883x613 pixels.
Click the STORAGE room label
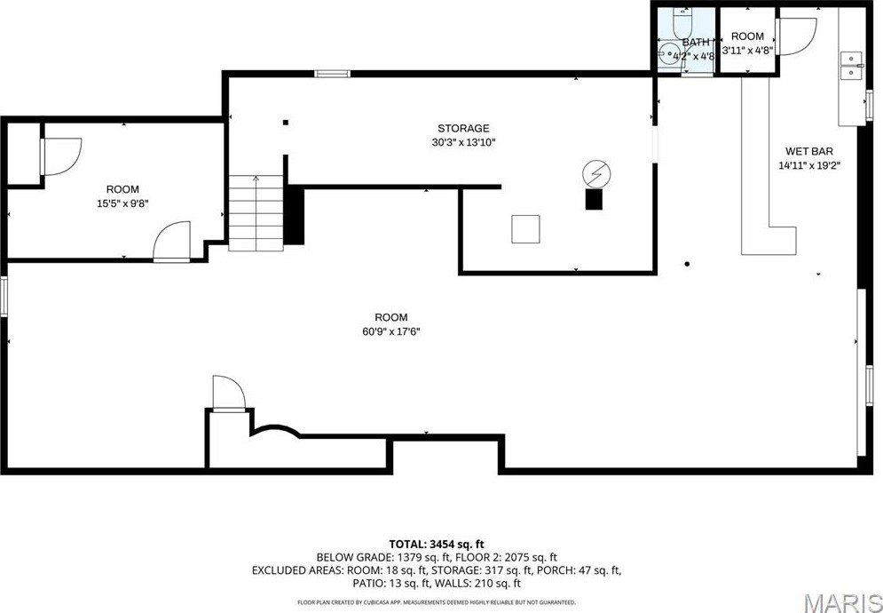click(463, 129)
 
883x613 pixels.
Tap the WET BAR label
click(808, 151)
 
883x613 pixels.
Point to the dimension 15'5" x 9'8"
click(122, 203)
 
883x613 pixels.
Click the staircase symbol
click(256, 213)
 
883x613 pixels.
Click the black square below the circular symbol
click(593, 200)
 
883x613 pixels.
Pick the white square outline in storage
click(525, 229)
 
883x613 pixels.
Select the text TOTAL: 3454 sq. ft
click(437, 544)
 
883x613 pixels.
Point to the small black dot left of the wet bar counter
click(687, 263)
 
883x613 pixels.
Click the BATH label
click(696, 42)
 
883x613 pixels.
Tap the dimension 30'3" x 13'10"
click(463, 142)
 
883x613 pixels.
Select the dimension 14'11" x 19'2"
click(808, 164)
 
